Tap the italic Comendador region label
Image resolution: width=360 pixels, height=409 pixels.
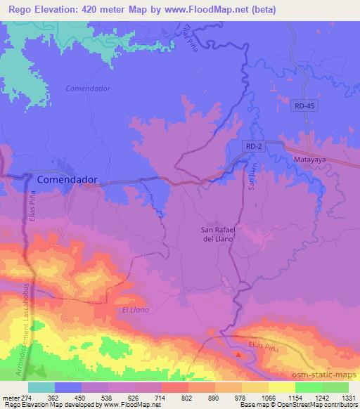click(x=88, y=89)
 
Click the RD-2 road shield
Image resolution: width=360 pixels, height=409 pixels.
click(x=257, y=145)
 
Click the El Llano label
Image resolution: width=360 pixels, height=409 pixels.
click(x=136, y=310)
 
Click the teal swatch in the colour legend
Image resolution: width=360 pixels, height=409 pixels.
click(x=41, y=387)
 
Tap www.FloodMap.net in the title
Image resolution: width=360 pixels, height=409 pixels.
click(x=217, y=10)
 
